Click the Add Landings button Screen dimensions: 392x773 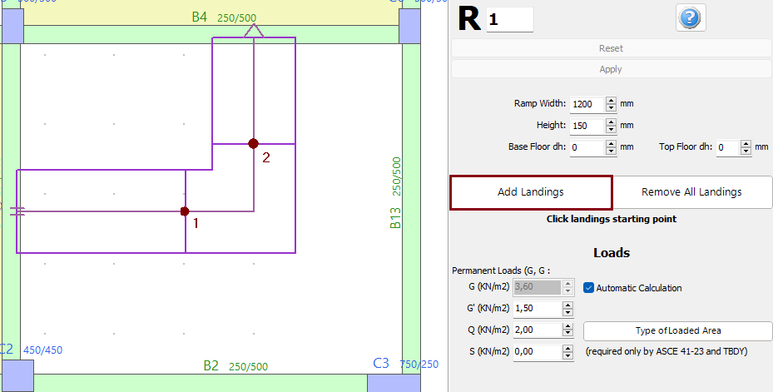click(x=531, y=192)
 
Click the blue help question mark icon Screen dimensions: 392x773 click(x=691, y=18)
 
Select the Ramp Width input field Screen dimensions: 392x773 click(x=587, y=104)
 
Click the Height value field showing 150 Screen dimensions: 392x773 click(x=587, y=126)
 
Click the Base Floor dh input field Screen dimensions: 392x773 click(x=587, y=147)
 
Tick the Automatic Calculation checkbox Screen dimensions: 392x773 click(x=589, y=288)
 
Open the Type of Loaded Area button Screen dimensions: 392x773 click(x=677, y=330)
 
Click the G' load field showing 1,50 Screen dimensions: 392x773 click(x=538, y=309)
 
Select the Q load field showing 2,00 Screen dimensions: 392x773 click(x=538, y=330)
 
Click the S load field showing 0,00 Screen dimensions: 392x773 click(x=538, y=352)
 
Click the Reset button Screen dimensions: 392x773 click(x=611, y=48)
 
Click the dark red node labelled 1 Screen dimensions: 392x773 click(x=185, y=211)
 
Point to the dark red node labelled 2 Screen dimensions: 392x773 click(x=254, y=143)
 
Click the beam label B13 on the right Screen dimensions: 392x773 click(x=396, y=218)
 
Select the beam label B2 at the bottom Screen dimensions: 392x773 click(x=211, y=366)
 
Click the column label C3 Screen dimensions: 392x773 click(x=381, y=363)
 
